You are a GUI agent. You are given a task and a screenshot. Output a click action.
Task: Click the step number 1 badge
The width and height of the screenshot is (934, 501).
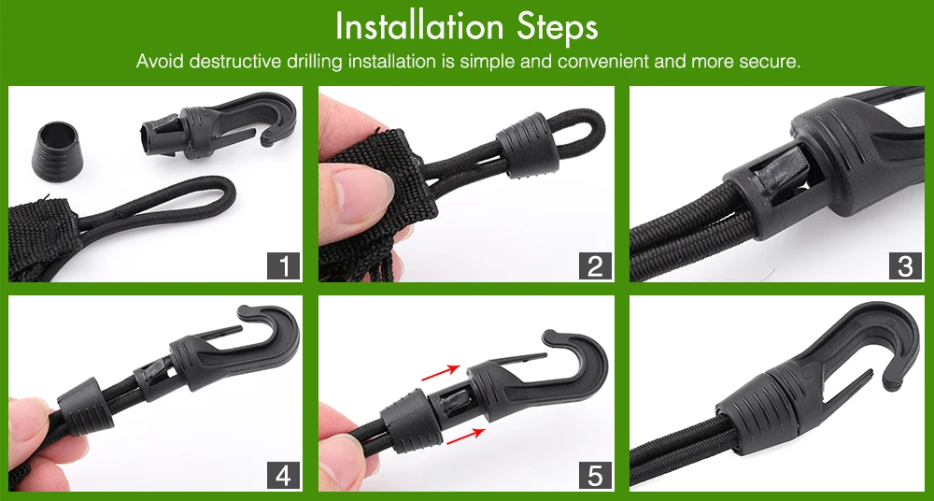point(284,265)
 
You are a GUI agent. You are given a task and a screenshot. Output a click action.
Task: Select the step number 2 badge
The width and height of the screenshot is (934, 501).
point(595,265)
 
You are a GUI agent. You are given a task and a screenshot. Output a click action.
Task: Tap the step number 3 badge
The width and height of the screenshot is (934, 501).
point(905,265)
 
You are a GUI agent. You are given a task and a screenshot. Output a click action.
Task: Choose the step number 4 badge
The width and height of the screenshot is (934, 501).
point(284,476)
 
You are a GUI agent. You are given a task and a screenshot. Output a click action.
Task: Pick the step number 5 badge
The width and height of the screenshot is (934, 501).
point(595,476)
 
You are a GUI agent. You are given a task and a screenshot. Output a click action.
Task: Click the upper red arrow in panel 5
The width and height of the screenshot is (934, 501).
point(440,373)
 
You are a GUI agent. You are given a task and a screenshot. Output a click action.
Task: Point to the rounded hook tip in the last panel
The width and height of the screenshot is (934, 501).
point(892,380)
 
